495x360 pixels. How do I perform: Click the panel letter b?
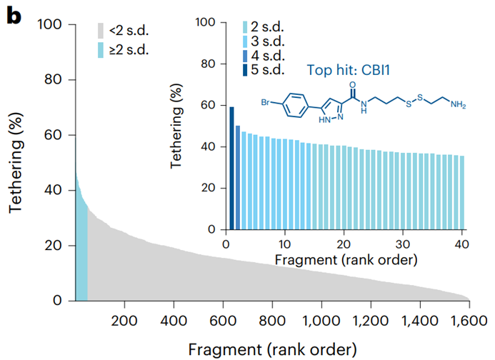(x=14, y=16)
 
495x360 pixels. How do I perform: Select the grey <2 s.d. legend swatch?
(x=103, y=30)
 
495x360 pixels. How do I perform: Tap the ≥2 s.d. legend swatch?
(x=103, y=49)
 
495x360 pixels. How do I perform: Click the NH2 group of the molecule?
(x=458, y=106)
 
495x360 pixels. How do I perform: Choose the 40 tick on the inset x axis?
(x=463, y=242)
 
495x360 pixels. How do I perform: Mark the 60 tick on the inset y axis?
(x=209, y=105)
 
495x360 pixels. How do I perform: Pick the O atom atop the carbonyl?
(x=351, y=84)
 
